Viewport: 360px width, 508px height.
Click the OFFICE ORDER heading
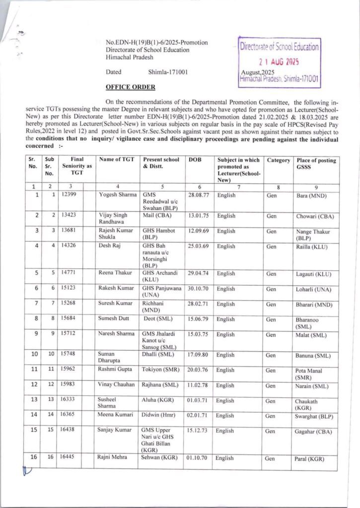pyautogui.click(x=130, y=87)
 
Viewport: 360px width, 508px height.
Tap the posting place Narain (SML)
pyautogui.click(x=312, y=385)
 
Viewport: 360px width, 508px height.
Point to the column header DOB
pyautogui.click(x=195, y=160)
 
